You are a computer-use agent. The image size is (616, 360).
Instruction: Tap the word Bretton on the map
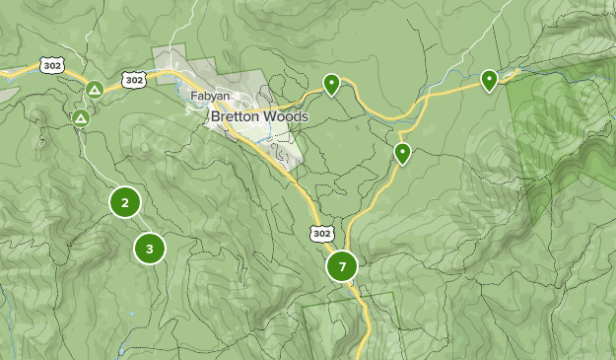pos(238,116)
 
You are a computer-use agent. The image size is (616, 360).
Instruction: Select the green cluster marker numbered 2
pos(124,203)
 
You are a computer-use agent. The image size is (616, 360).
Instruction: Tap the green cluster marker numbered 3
pos(149,249)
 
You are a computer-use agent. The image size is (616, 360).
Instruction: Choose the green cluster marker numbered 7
pos(342,266)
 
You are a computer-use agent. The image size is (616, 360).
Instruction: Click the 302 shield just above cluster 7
pos(322,233)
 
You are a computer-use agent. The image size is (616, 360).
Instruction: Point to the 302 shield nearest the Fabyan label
pos(134,79)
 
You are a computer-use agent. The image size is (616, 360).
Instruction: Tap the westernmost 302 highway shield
pos(52,65)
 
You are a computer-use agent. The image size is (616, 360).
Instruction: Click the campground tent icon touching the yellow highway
pos(94,90)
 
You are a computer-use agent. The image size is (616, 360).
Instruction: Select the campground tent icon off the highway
pos(81,118)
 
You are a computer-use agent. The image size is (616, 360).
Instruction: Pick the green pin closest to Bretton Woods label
pos(332,85)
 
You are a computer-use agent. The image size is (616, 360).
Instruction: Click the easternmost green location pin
pos(489,79)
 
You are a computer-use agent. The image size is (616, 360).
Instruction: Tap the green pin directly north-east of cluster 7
pos(402,153)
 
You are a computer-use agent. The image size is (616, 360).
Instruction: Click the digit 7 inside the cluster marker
pos(342,266)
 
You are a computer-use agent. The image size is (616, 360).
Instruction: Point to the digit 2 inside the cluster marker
pos(124,203)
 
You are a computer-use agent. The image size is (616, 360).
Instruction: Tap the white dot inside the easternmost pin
pos(489,77)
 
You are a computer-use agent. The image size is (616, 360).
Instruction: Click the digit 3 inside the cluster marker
pos(149,249)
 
